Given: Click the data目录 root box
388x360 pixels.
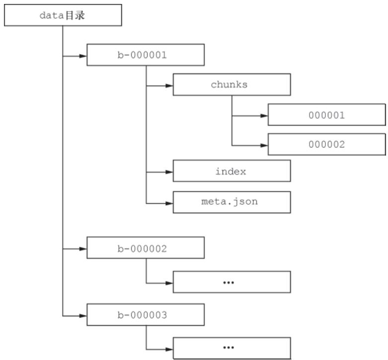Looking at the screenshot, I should pyautogui.click(x=63, y=15).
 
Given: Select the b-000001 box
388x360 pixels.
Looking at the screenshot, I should pyautogui.click(x=146, y=55).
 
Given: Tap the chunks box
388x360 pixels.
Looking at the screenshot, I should pyautogui.click(x=232, y=84).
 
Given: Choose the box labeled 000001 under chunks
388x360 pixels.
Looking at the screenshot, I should pyautogui.click(x=326, y=115).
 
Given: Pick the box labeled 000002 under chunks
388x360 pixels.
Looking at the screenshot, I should pyautogui.click(x=326, y=144).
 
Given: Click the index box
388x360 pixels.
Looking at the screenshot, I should pyautogui.click(x=232, y=172).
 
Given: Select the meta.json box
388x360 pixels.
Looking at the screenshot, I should pyautogui.click(x=232, y=203).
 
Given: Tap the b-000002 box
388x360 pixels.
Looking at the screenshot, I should pyautogui.click(x=146, y=248).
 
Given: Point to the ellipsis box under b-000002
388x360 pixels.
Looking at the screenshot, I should pyautogui.click(x=232, y=282).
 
